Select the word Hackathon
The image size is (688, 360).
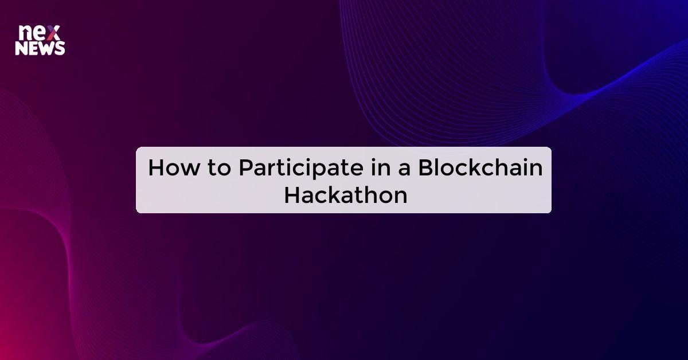(x=346, y=195)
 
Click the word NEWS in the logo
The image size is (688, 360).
(x=40, y=49)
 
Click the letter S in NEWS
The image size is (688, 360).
(x=60, y=49)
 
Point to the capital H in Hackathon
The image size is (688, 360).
(x=292, y=195)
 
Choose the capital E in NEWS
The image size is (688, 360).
(x=33, y=49)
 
